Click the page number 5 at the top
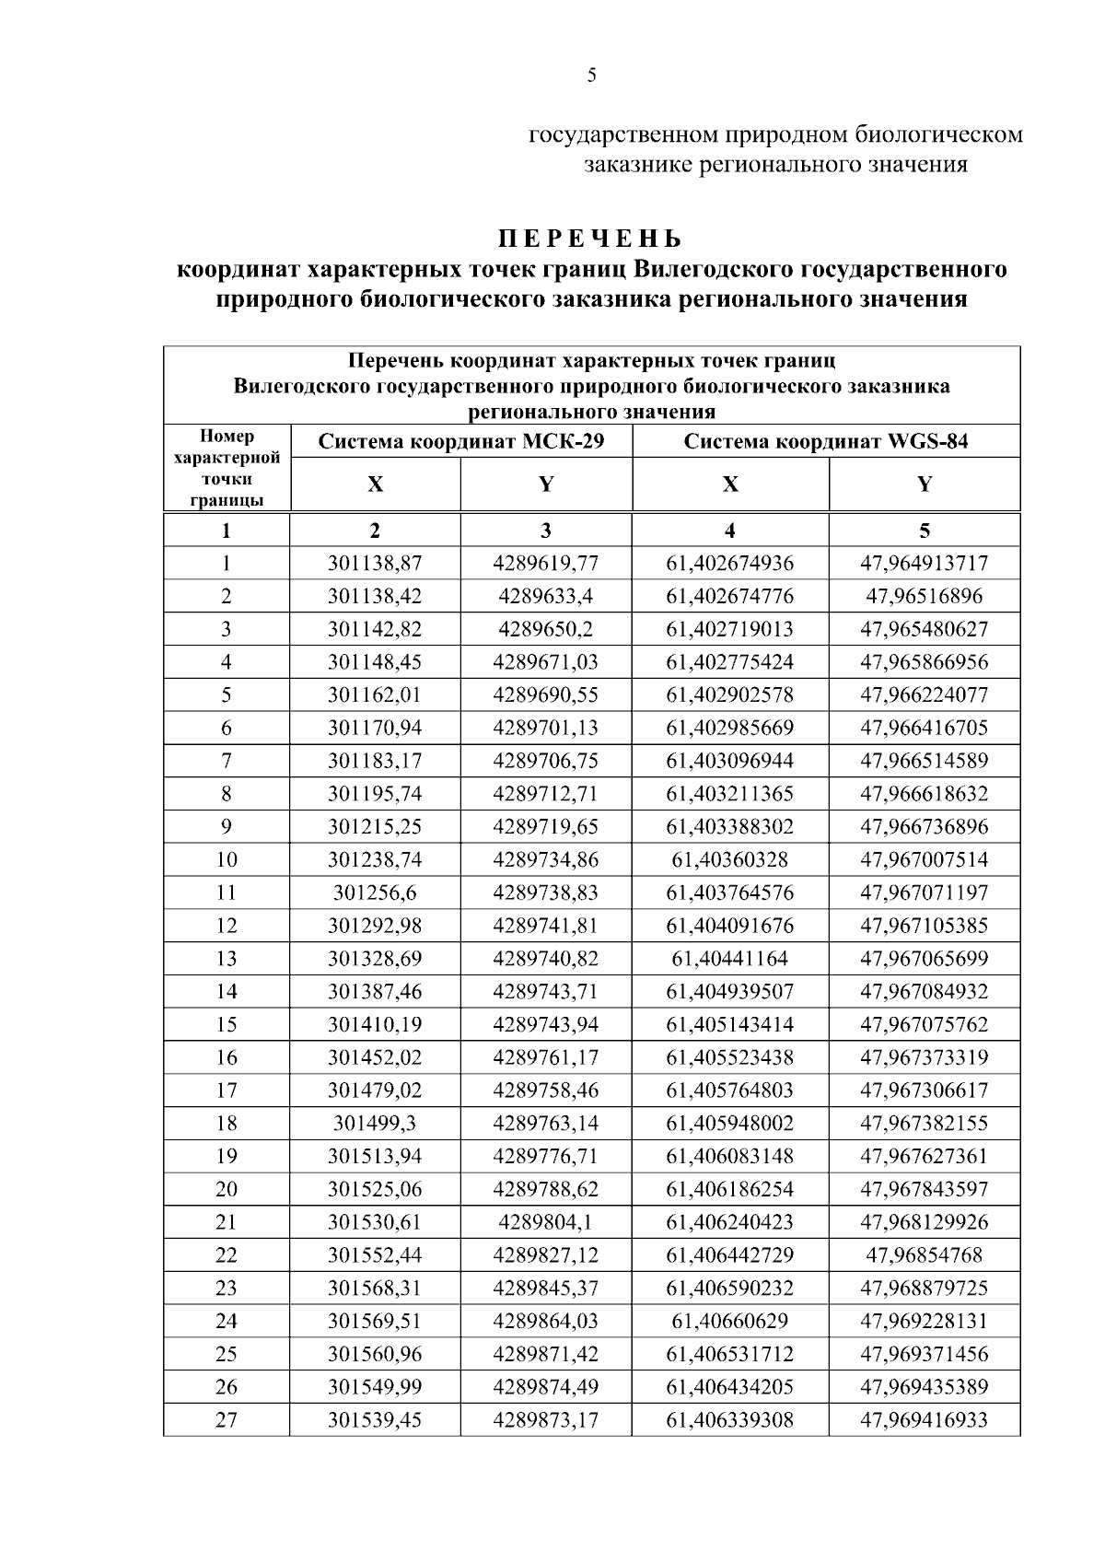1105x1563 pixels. [x=591, y=76]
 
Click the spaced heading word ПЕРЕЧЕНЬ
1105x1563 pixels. [x=591, y=239]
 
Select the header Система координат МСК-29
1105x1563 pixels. [x=461, y=441]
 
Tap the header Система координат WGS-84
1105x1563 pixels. [x=826, y=441]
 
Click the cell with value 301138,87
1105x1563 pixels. [x=375, y=564]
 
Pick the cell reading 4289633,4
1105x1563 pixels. [x=546, y=597]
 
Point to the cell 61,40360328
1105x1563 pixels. [x=730, y=860]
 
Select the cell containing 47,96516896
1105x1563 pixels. [x=925, y=597]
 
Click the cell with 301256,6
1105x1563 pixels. [x=375, y=893]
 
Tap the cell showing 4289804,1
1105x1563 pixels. [x=546, y=1222]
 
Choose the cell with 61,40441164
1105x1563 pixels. [x=730, y=959]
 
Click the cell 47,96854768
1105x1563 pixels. [x=925, y=1255]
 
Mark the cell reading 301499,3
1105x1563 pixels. [x=375, y=1124]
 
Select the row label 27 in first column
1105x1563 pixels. [x=227, y=1420]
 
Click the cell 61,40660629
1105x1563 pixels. [x=730, y=1322]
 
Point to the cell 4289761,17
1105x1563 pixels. [x=546, y=1057]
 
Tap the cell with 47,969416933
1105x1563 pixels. [x=925, y=1420]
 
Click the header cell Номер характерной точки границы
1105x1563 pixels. [x=227, y=468]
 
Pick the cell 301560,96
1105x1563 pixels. [x=375, y=1354]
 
